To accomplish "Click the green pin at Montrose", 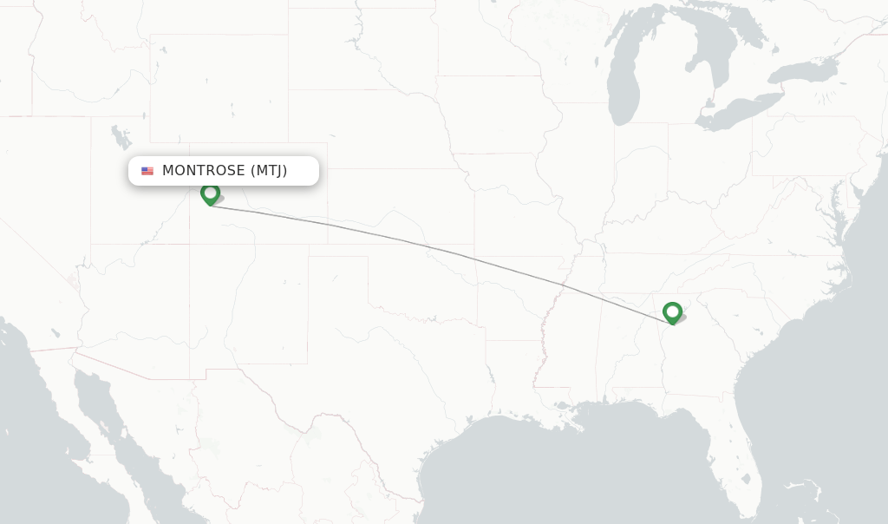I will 210,193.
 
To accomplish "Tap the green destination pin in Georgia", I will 672,312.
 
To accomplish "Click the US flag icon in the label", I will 147,171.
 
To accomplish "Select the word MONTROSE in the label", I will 203,171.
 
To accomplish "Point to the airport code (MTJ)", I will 269,171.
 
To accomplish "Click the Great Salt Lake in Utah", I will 120,136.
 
